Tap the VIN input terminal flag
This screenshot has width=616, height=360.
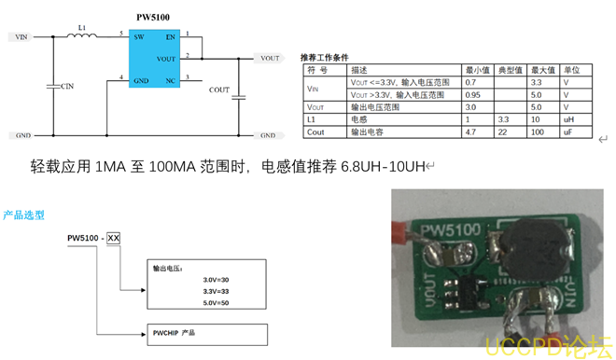pyautogui.click(x=19, y=37)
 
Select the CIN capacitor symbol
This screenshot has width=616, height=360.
pyautogui.click(x=53, y=85)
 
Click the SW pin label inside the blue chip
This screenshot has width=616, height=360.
pyautogui.click(x=138, y=37)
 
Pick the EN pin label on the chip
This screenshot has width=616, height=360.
pyautogui.click(x=169, y=37)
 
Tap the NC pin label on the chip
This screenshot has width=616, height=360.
pyautogui.click(x=170, y=80)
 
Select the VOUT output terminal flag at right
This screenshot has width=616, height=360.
pyautogui.click(x=269, y=58)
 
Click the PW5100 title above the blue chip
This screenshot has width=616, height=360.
pyautogui.click(x=151, y=16)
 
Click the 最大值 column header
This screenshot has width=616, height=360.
pyautogui.click(x=542, y=70)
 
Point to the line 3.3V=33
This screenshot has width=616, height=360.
pyautogui.click(x=215, y=291)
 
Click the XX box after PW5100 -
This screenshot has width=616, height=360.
pyautogui.click(x=114, y=238)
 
